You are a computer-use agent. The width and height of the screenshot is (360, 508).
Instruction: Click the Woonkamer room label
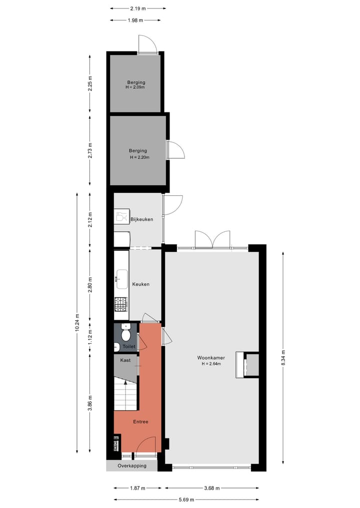point(210,358)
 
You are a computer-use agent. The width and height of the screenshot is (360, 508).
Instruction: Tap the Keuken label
point(140,284)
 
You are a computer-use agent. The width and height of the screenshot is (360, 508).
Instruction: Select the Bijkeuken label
point(141,219)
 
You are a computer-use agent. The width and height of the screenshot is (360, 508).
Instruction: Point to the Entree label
point(140,422)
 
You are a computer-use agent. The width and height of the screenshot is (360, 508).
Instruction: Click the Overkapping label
point(132,466)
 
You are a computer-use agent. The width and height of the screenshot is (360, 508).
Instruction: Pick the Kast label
point(125,359)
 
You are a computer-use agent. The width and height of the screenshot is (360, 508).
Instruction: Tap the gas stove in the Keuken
point(121,305)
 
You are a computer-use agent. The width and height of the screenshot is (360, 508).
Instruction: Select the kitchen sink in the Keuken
point(121,279)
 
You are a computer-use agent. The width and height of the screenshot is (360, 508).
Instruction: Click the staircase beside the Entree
point(125,394)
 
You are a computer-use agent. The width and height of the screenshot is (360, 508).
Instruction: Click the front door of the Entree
point(147,446)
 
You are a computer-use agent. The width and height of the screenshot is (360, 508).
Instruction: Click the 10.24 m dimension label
point(77,322)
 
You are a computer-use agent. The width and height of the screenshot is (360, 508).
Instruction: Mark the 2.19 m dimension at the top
point(138,8)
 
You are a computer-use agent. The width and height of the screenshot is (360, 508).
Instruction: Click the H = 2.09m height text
point(135,87)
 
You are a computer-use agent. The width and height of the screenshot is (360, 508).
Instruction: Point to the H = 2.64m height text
point(210,364)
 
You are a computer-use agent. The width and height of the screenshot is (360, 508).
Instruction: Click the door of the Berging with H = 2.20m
point(175,150)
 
